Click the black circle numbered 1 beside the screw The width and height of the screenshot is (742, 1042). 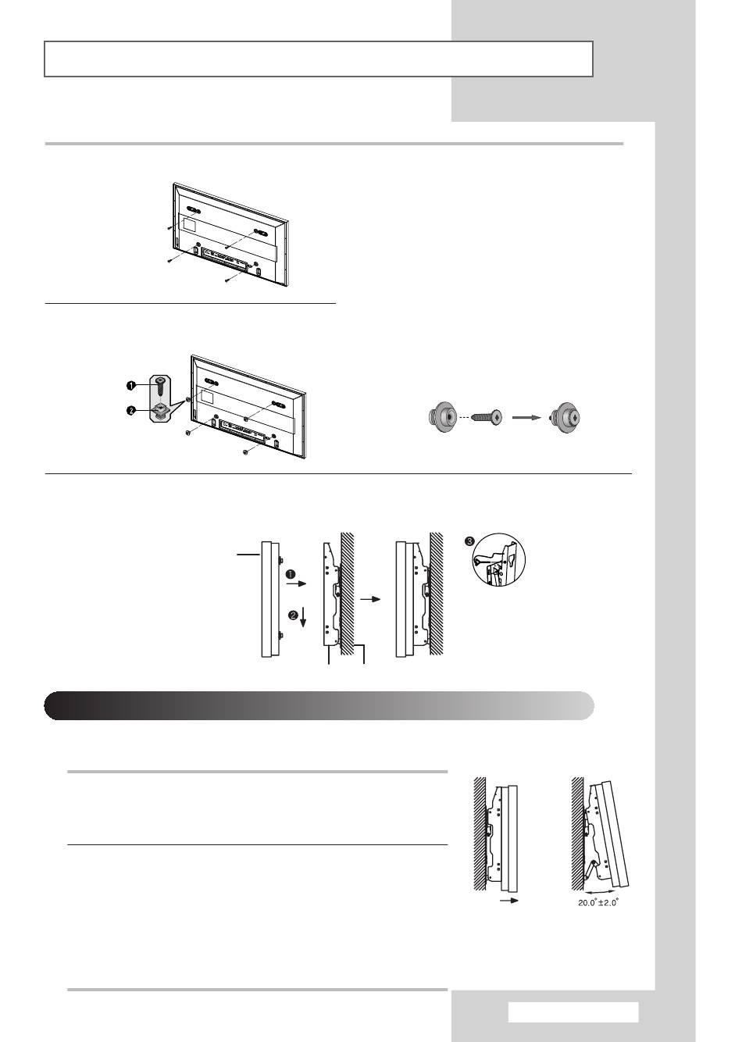pyautogui.click(x=132, y=385)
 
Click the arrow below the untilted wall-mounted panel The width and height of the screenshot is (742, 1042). pyautogui.click(x=510, y=901)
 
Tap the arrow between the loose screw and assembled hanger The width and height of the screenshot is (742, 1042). pyautogui.click(x=526, y=418)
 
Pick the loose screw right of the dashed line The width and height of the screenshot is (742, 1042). pyautogui.click(x=489, y=418)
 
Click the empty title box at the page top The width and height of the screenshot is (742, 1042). pyautogui.click(x=319, y=59)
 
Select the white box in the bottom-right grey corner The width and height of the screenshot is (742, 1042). pyautogui.click(x=573, y=1012)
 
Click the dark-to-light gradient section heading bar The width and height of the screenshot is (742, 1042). pyautogui.click(x=319, y=705)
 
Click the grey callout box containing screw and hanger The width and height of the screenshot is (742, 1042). pyautogui.click(x=160, y=399)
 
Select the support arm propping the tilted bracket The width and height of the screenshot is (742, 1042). pyautogui.click(x=591, y=869)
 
